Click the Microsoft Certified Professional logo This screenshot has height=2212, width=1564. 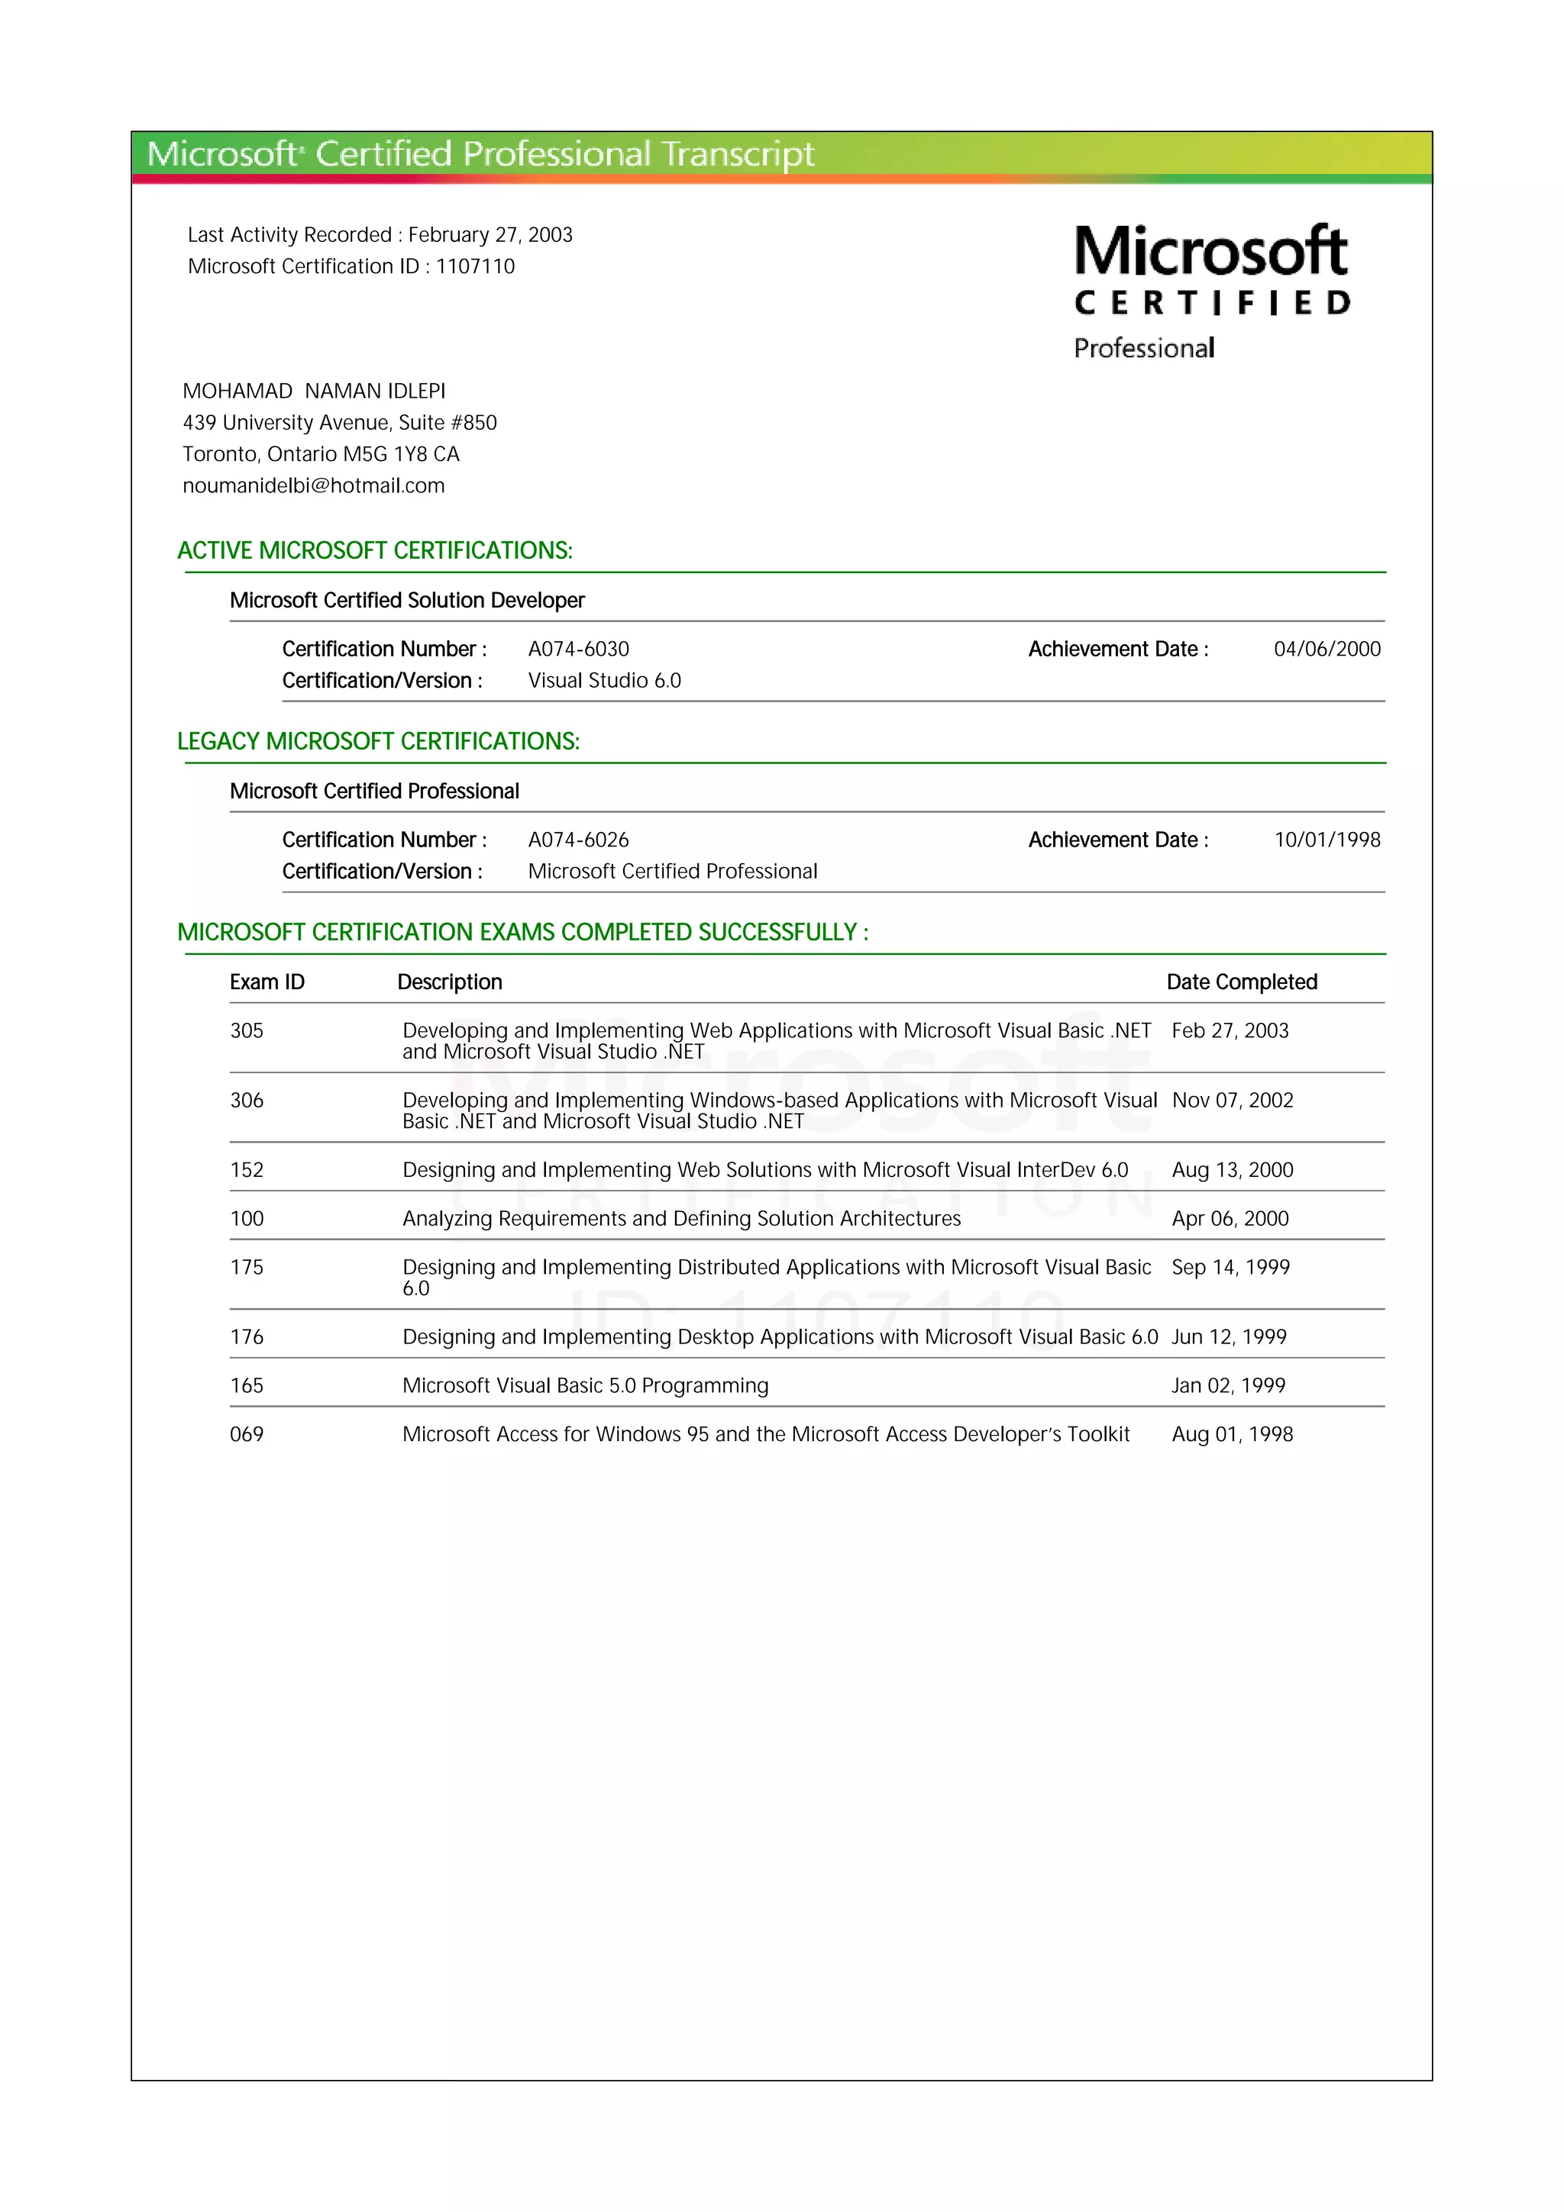tap(1211, 290)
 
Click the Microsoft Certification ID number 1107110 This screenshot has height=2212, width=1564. tap(475, 267)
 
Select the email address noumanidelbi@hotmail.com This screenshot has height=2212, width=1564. tap(313, 485)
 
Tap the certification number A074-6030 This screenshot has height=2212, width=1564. tap(578, 650)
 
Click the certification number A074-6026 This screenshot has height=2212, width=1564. tap(578, 840)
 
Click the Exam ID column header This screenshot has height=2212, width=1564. tap(267, 982)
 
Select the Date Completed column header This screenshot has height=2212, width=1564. tap(1241, 982)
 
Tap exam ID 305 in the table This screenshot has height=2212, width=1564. tap(247, 1031)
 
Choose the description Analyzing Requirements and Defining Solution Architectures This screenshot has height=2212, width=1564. tap(681, 1219)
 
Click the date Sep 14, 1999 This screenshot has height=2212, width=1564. tap(1230, 1267)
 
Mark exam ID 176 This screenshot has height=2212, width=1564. tap(247, 1337)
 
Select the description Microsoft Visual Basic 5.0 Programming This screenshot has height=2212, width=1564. tap(585, 1385)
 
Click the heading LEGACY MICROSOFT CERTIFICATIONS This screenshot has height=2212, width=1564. tap(378, 742)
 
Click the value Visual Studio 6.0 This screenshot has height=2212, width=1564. tap(604, 681)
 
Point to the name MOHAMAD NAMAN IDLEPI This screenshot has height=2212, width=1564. tap(314, 391)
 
